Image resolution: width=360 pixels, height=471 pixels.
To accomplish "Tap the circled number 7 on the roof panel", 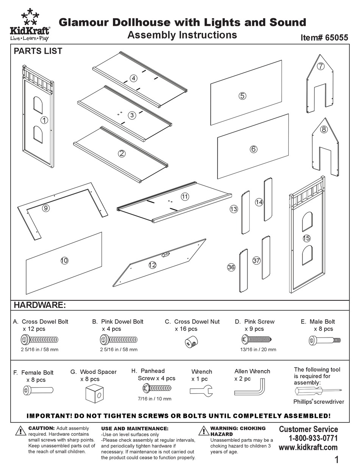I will (x=321, y=66).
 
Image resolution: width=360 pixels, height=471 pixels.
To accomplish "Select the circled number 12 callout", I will (x=152, y=265).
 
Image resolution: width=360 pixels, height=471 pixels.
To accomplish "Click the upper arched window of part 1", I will (x=38, y=105).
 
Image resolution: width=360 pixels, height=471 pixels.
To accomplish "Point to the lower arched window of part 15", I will (x=307, y=255).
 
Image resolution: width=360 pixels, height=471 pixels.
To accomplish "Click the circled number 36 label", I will (x=231, y=267).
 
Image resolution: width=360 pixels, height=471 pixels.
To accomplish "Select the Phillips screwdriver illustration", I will (x=318, y=391).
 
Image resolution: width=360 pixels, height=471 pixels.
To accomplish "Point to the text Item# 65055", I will (x=324, y=38).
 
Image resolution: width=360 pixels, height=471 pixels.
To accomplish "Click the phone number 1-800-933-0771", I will (x=313, y=438).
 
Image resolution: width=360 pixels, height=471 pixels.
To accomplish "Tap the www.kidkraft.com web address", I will (x=308, y=447).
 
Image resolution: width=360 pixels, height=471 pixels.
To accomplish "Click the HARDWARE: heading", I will (x=40, y=305).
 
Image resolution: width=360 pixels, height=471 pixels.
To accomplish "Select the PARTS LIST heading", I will (x=38, y=51).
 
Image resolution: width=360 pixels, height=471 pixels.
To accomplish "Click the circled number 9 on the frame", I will (x=46, y=208).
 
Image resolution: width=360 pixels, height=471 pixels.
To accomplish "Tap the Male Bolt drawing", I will (x=325, y=341).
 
